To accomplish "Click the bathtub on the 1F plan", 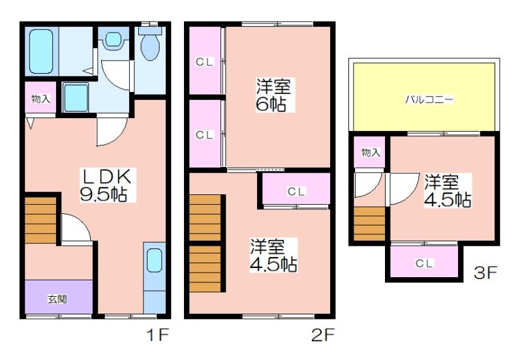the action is point(41,52).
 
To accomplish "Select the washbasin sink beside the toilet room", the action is point(114,39).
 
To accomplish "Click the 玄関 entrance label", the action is point(57,299).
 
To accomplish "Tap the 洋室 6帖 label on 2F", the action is point(273,95).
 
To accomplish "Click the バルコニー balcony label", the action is point(429,100).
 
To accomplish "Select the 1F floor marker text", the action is point(158,335).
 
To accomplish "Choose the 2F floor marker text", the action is point(322,335).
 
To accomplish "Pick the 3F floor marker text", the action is point(485,273).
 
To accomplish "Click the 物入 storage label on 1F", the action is point(40,99).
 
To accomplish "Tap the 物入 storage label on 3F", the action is point(371,153).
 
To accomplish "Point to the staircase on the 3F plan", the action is point(369,224).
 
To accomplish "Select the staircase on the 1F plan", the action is point(40,220).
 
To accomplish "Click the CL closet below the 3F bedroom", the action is point(424,263).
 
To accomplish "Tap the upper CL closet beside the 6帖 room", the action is point(205,61).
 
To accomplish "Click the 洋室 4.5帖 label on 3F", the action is point(448,191).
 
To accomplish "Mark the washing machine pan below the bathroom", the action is point(76,97).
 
